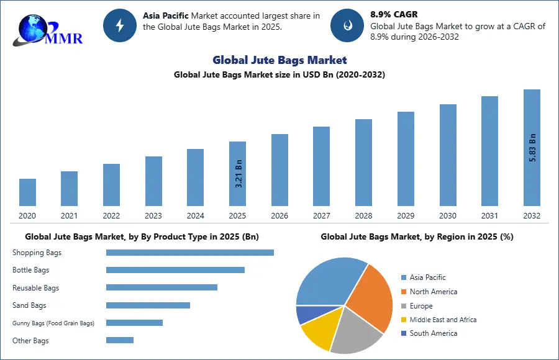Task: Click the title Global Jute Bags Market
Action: point(279,60)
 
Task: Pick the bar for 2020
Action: point(27,192)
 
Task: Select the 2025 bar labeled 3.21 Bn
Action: point(237,174)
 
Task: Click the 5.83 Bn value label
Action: point(532,148)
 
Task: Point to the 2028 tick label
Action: point(363,216)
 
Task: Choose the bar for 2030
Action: point(448,155)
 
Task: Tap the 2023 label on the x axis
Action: point(153,216)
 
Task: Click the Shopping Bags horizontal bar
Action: point(190,253)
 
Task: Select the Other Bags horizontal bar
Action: point(120,340)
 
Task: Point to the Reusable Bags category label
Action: point(36,288)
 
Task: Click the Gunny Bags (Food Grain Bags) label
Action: point(53,323)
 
